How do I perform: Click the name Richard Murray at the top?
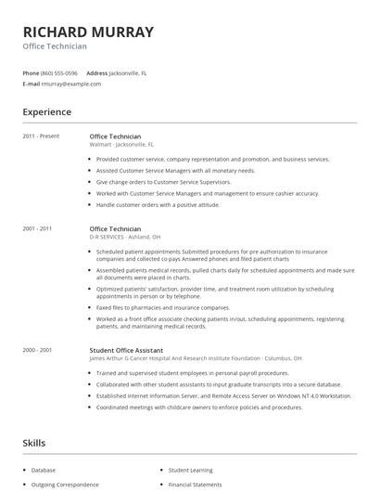(89, 32)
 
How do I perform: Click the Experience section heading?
(47, 112)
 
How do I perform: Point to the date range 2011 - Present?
(41, 136)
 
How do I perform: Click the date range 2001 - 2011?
(37, 228)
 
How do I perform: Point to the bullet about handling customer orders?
(158, 204)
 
